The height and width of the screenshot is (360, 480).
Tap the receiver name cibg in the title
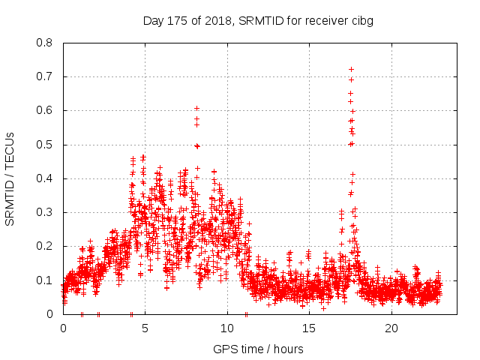(x=361, y=21)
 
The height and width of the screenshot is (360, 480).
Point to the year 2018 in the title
(x=217, y=21)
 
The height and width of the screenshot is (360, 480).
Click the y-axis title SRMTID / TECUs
(x=10, y=178)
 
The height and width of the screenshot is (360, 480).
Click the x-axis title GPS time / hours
(x=258, y=349)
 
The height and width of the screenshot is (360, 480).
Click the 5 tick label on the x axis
(x=145, y=328)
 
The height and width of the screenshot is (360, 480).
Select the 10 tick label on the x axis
(x=227, y=328)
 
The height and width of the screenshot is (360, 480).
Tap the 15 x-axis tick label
(x=309, y=328)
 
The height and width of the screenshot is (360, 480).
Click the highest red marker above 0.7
(x=351, y=69)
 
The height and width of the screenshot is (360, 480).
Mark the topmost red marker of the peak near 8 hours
(x=196, y=108)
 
